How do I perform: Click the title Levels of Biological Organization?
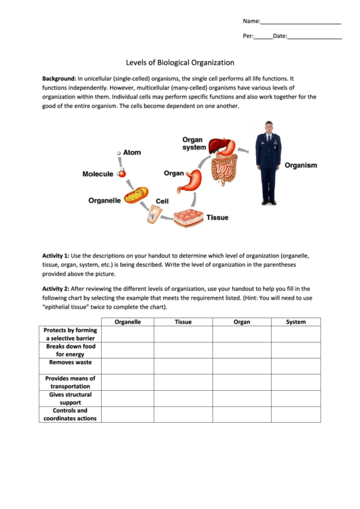pos(180,62)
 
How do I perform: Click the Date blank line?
pos(314,38)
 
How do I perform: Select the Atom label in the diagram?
pos(132,152)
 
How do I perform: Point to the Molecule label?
pos(98,174)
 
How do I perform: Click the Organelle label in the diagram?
pos(105,200)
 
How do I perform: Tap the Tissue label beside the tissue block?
pos(217,217)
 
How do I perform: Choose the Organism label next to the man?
pos(300,165)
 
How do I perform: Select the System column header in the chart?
pos(295,322)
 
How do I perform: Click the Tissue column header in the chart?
pos(183,322)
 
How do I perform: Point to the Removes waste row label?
pos(71,363)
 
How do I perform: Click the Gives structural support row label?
pos(71,398)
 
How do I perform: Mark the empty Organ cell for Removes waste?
pos(241,366)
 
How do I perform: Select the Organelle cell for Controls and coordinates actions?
pos(128,415)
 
